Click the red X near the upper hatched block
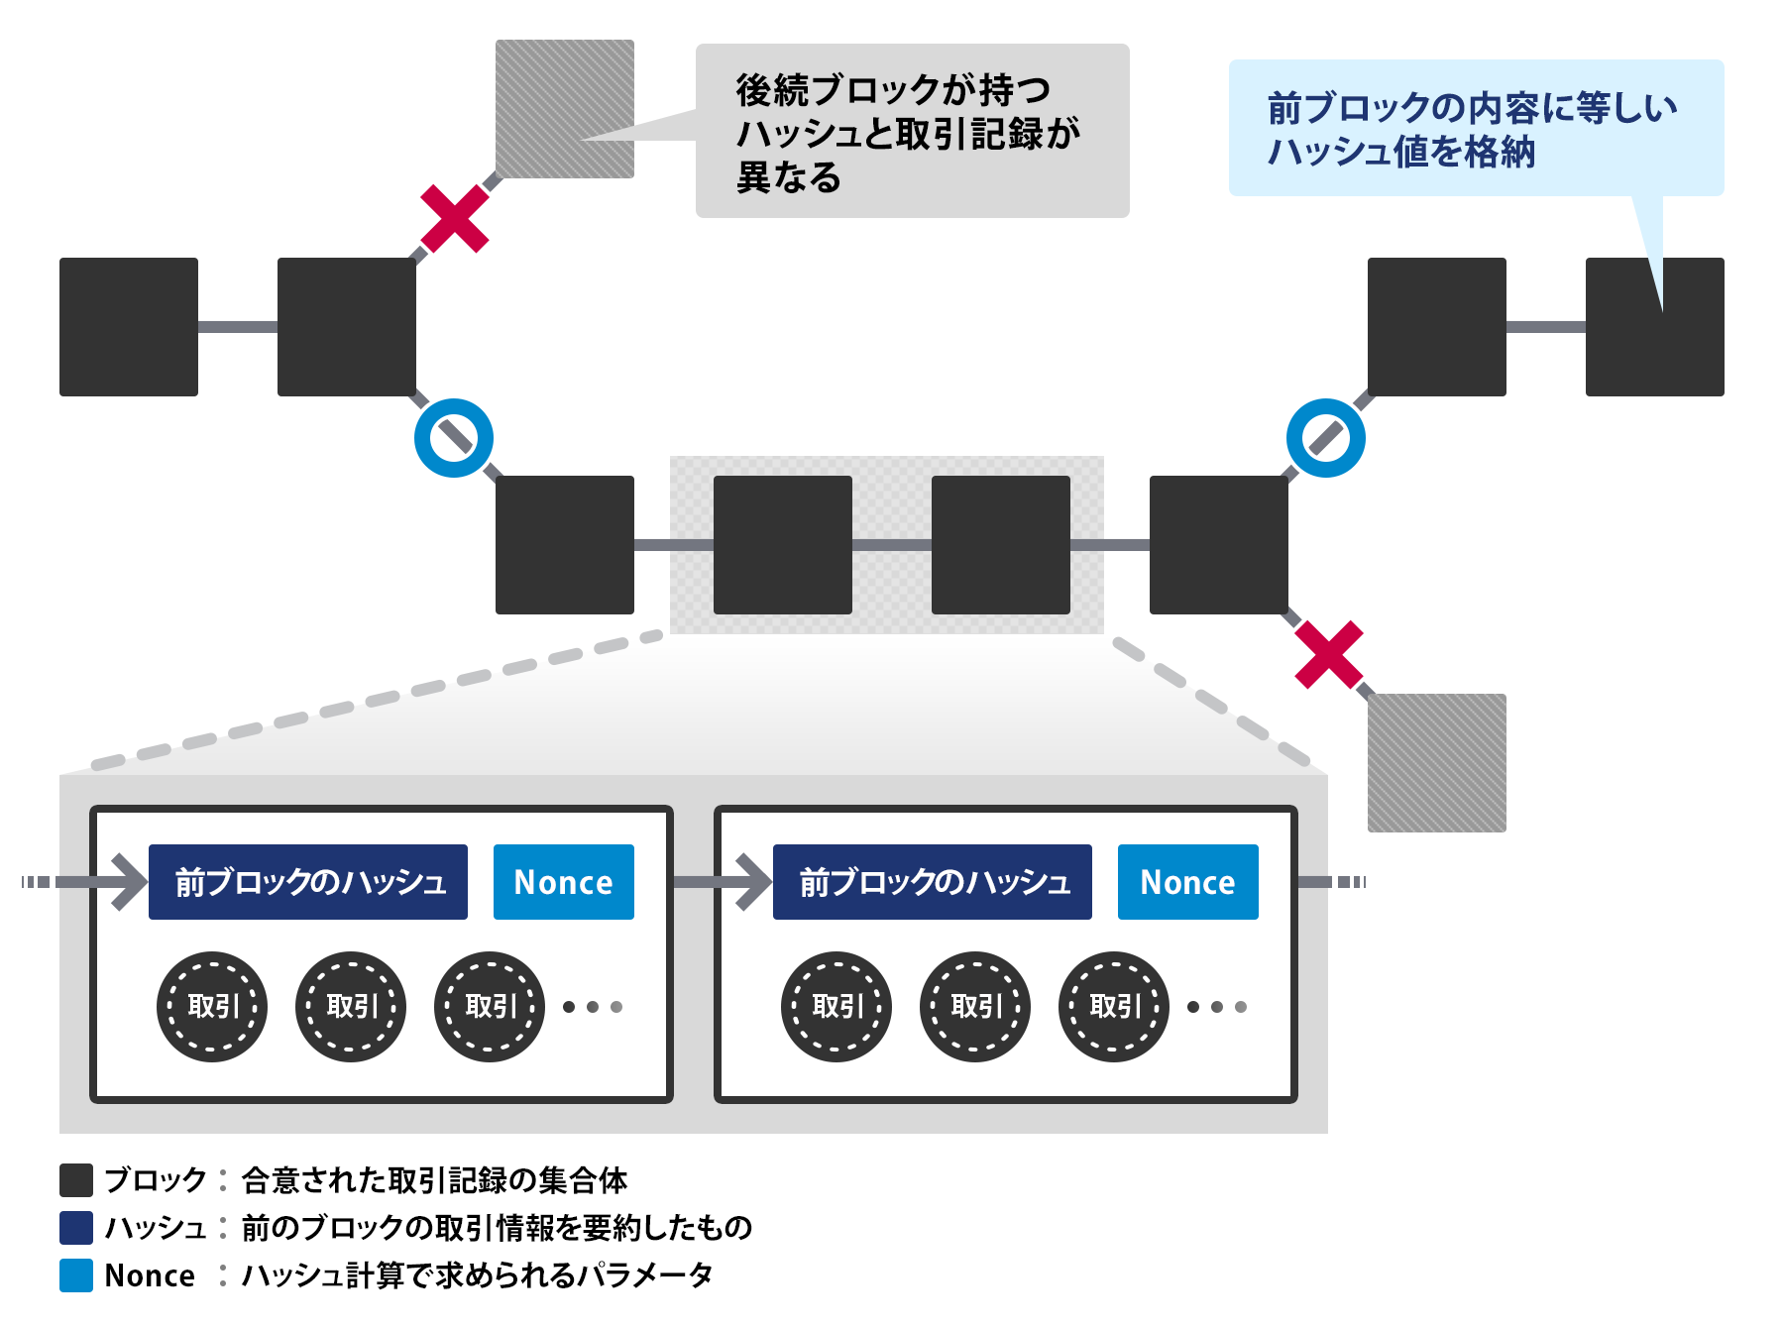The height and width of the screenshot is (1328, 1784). click(x=454, y=218)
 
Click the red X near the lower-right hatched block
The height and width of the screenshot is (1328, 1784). click(x=1329, y=655)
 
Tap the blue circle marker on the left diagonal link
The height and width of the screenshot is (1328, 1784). click(x=454, y=438)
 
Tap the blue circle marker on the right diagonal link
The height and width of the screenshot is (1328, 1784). click(x=1326, y=438)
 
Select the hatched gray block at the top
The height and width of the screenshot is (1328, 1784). click(x=565, y=109)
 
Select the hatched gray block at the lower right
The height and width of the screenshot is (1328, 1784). click(x=1437, y=763)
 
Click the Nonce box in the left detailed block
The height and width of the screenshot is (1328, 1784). click(x=564, y=882)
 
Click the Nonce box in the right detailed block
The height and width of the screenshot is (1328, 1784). click(x=1188, y=882)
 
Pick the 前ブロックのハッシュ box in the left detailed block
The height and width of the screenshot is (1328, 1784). click(x=308, y=882)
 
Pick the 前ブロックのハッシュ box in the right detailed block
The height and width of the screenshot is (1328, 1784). click(x=933, y=882)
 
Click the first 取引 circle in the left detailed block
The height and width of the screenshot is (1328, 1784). click(x=212, y=1007)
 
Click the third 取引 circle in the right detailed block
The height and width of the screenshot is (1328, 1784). click(x=1114, y=1007)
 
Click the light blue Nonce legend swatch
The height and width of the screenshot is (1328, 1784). click(x=76, y=1275)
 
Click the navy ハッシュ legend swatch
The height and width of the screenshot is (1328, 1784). click(x=76, y=1228)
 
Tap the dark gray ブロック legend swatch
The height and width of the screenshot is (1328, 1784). click(x=76, y=1180)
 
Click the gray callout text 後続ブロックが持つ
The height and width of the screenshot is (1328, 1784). click(x=892, y=90)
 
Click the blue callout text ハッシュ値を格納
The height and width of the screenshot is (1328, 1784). click(x=1401, y=153)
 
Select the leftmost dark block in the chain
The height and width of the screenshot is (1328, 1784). click(x=129, y=327)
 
